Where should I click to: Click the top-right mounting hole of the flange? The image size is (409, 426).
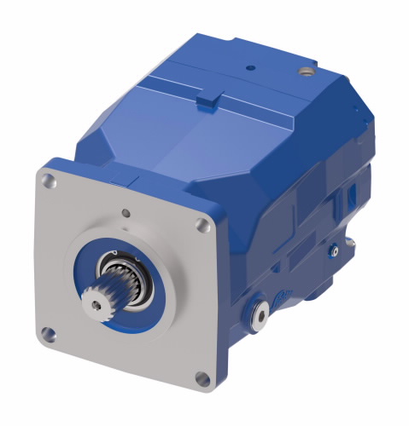[x=202, y=224]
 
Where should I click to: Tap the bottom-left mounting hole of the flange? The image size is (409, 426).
[x=50, y=334]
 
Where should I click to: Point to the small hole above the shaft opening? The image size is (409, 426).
[x=126, y=212]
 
